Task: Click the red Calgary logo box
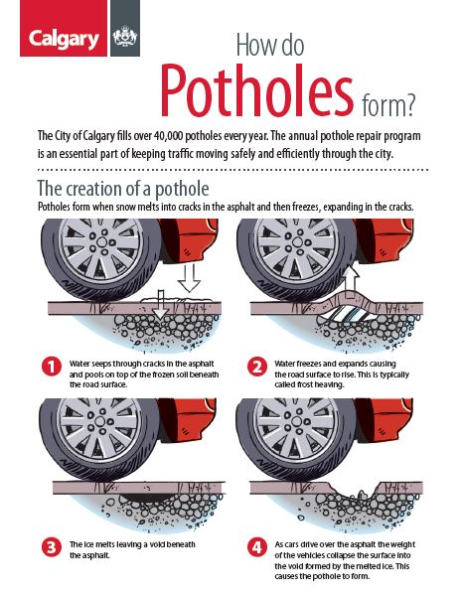(64, 29)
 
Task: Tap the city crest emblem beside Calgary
(125, 37)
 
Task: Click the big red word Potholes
(256, 91)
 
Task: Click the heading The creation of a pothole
(123, 189)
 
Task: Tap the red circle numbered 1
(52, 367)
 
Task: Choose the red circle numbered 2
(256, 367)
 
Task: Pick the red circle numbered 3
(52, 547)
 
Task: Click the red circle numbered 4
(256, 547)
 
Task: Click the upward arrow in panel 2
(352, 281)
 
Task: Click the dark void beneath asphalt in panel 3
(145, 498)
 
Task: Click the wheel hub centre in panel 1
(101, 241)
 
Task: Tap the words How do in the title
(270, 45)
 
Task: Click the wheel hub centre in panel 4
(297, 421)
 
